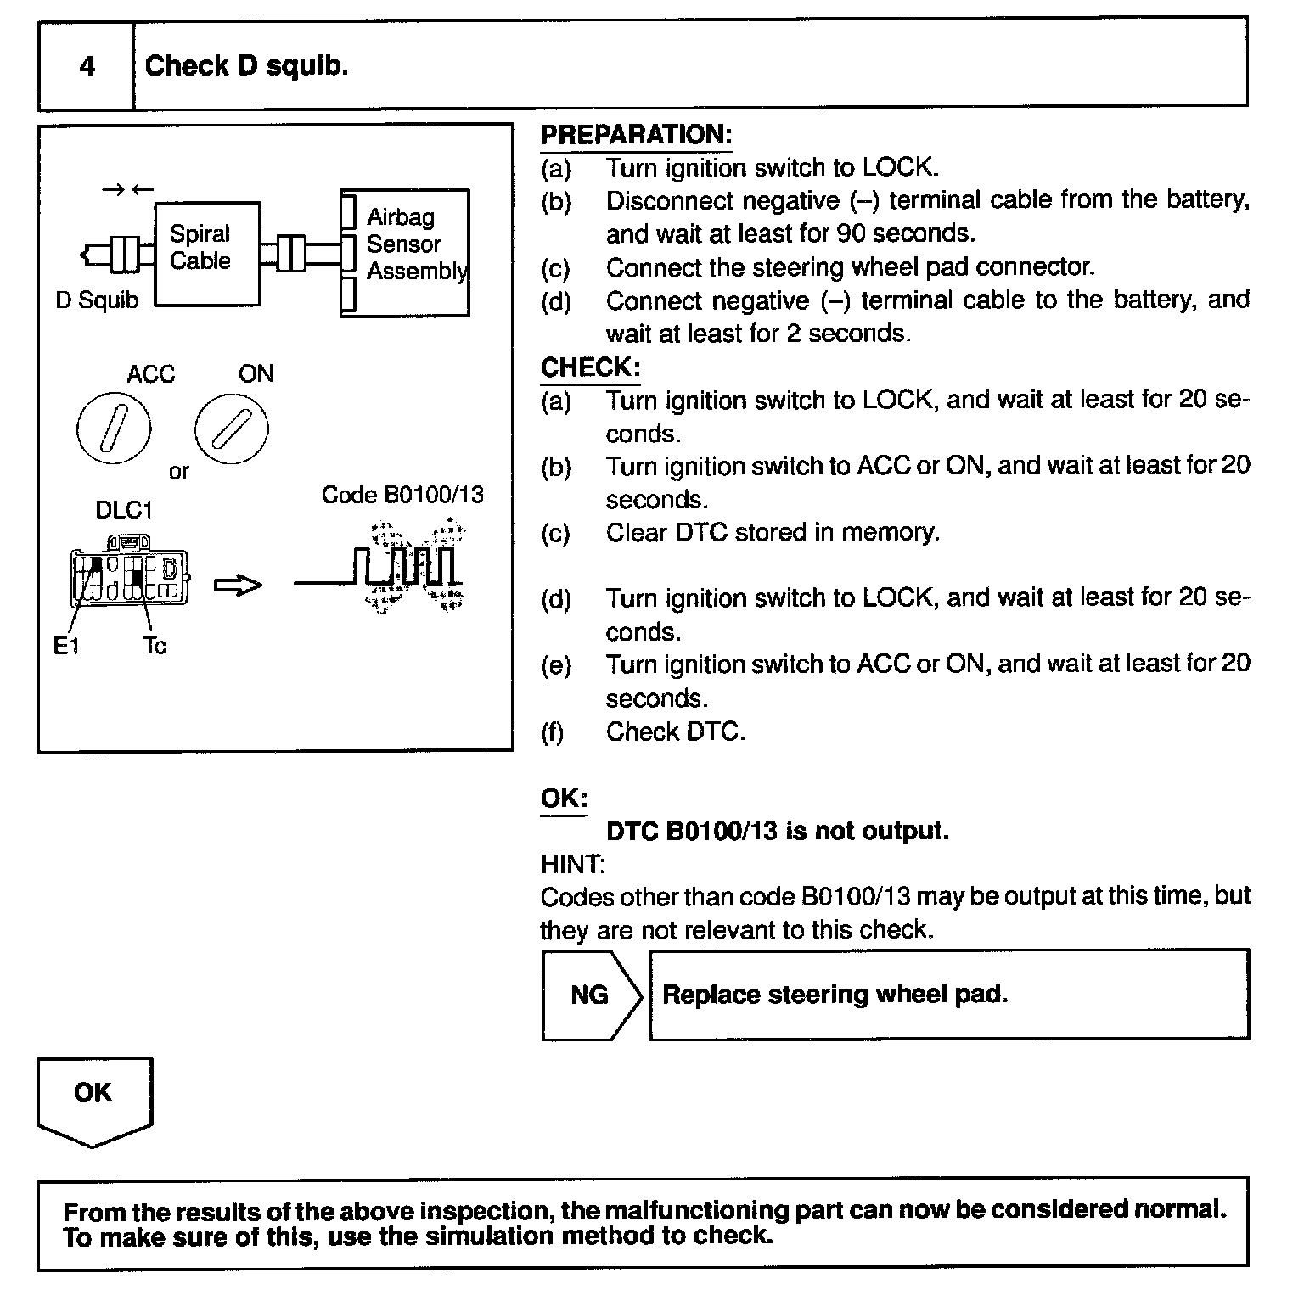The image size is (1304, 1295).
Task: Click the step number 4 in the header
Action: [x=87, y=66]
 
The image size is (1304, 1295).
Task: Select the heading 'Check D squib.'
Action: [x=246, y=66]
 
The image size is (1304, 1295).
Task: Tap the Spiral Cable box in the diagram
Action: [x=206, y=254]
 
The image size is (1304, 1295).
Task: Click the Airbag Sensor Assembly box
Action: [x=404, y=253]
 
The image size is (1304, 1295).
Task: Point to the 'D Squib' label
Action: [x=97, y=300]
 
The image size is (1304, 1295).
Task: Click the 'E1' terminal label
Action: [x=65, y=647]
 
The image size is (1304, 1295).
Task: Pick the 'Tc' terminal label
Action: [x=155, y=647]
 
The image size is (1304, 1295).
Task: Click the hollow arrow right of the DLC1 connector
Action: [x=238, y=585]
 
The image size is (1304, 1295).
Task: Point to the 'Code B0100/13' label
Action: [x=402, y=495]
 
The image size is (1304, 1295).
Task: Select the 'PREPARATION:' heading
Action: [x=636, y=135]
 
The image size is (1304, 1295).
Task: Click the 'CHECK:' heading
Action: [x=590, y=367]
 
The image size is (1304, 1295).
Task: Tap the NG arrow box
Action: [x=591, y=995]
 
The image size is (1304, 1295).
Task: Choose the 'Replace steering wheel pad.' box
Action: [x=948, y=995]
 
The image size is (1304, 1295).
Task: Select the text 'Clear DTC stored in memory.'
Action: [x=773, y=532]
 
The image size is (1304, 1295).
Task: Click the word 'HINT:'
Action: [x=572, y=865]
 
